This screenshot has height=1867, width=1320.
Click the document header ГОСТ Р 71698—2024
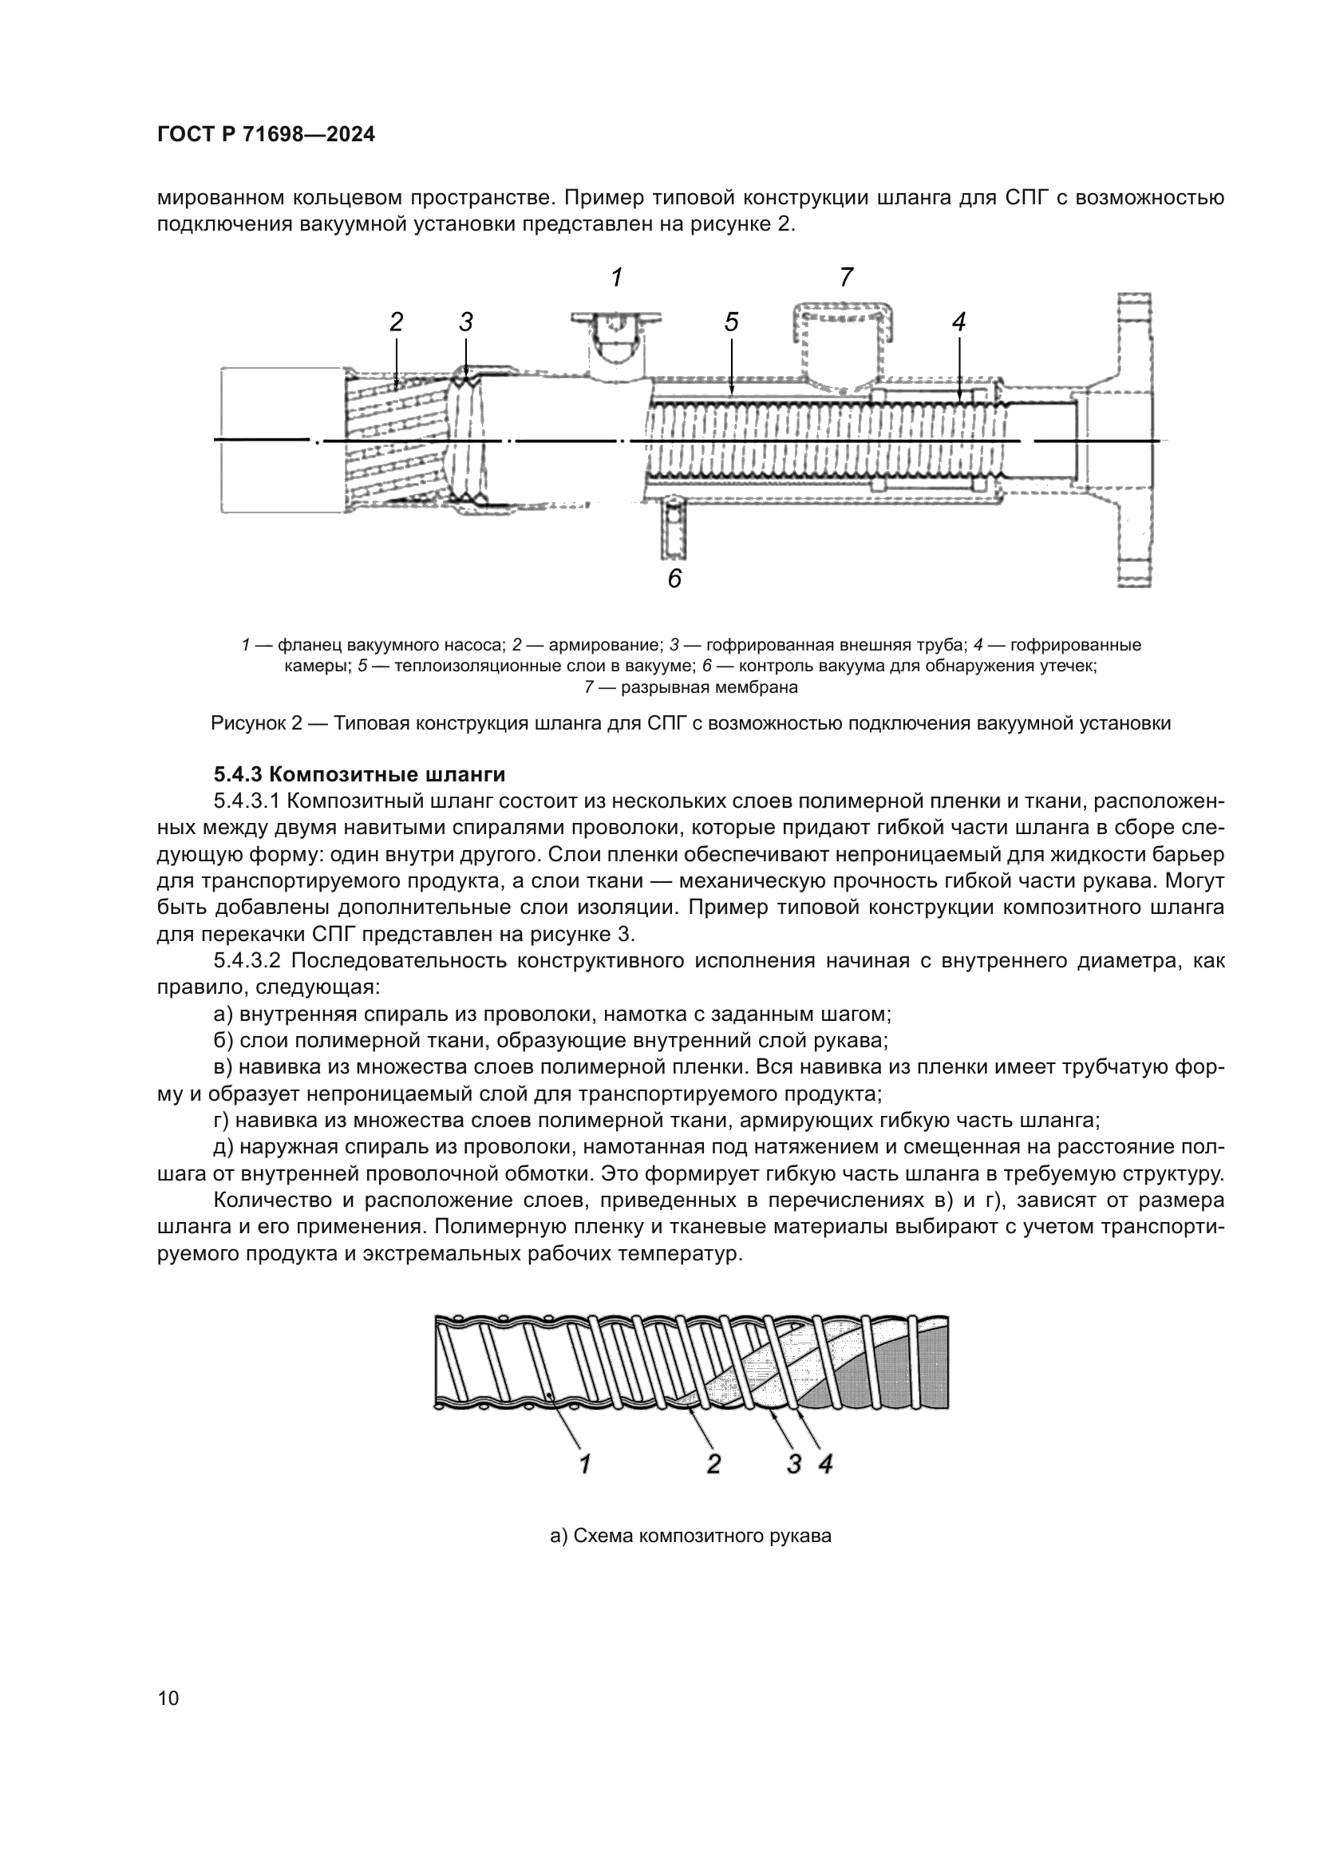[x=266, y=135]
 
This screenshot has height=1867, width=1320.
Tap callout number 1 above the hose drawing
[x=617, y=278]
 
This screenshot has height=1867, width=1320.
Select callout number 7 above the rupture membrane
[x=846, y=277]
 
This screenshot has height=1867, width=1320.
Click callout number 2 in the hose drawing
[x=396, y=322]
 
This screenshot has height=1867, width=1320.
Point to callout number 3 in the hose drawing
[x=466, y=322]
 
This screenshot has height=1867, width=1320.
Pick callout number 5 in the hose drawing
[x=732, y=322]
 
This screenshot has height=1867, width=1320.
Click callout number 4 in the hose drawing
[x=958, y=322]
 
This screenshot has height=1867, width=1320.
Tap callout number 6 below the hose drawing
[x=674, y=579]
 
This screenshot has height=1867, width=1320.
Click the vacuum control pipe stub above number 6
[x=674, y=529]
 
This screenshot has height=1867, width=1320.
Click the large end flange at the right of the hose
[x=1135, y=440]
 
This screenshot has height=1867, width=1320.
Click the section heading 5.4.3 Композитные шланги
[x=359, y=773]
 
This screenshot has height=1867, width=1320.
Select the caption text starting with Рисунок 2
[x=690, y=723]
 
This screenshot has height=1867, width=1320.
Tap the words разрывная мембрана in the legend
[x=709, y=687]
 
